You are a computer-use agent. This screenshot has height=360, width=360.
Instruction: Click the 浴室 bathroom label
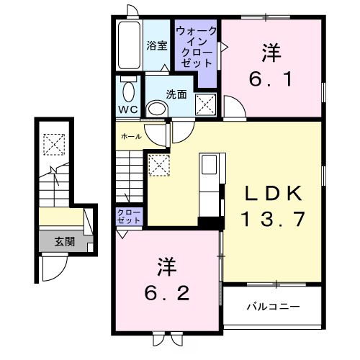tap(156, 46)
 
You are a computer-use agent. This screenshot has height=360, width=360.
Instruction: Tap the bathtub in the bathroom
tap(130, 44)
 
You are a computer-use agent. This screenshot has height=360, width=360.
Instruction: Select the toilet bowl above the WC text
tap(129, 91)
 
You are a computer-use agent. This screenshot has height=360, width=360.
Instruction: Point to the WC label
tap(128, 110)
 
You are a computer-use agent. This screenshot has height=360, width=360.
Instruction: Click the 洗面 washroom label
tap(177, 94)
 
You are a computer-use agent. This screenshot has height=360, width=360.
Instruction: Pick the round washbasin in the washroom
tap(156, 109)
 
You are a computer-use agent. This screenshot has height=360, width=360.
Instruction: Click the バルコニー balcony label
tap(273, 307)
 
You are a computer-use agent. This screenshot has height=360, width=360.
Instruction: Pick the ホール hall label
tap(131, 135)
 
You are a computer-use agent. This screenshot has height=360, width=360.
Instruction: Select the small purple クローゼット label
tap(129, 216)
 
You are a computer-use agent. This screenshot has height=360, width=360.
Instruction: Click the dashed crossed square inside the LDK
tap(158, 165)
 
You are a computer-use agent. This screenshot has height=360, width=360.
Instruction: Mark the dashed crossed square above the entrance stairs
tap(53, 145)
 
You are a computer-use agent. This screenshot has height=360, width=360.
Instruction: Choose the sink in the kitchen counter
tap(210, 165)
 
